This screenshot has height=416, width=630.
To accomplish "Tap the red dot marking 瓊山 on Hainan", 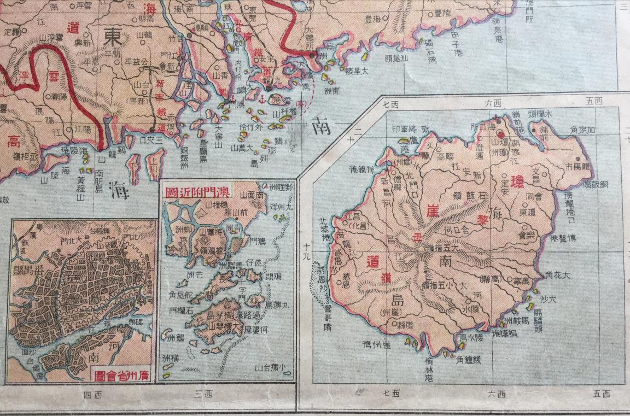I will [x=500, y=133].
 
